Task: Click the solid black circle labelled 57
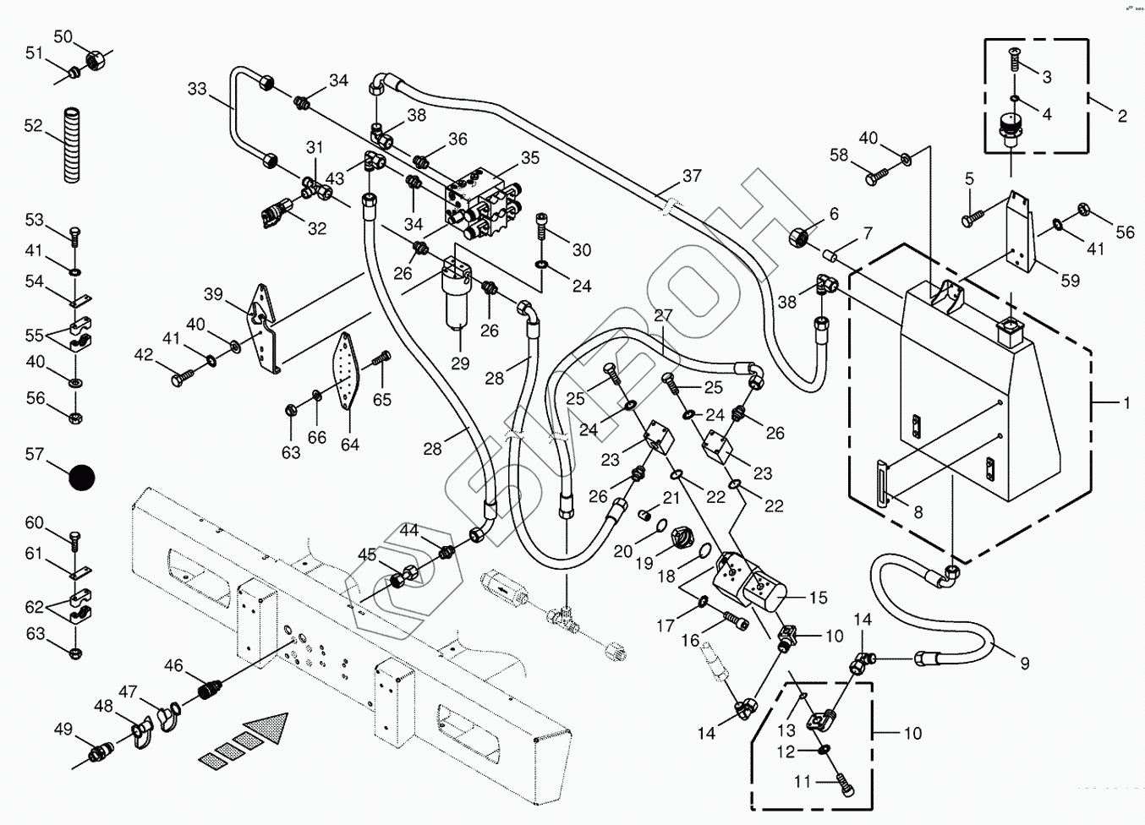pos(82,478)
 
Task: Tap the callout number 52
pos(33,126)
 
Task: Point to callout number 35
pos(530,158)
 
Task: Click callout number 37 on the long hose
pos(692,176)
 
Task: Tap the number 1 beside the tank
pos(1126,404)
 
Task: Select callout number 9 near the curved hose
pos(1025,664)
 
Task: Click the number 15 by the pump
pos(818,598)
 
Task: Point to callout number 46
pos(173,666)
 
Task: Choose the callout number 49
pos(63,729)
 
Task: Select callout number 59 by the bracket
pos(1071,281)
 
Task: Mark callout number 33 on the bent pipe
pos(196,89)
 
